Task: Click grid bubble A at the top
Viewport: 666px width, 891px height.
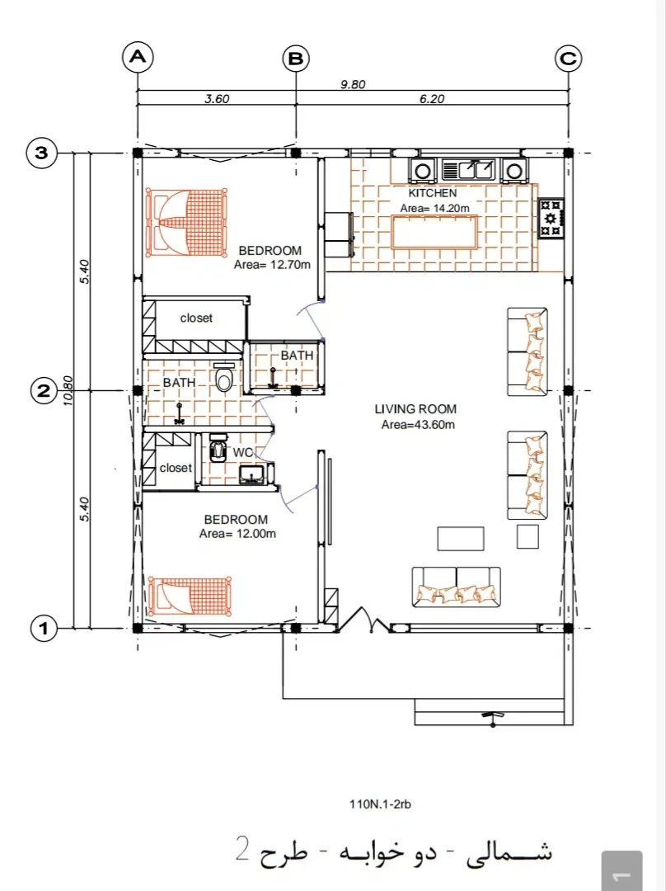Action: (x=138, y=58)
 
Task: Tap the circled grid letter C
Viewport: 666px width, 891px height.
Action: (x=569, y=58)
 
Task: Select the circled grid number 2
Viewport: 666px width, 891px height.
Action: (x=43, y=391)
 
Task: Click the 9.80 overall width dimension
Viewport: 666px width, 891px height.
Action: (x=353, y=85)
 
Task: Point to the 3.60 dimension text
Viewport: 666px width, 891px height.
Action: (x=217, y=99)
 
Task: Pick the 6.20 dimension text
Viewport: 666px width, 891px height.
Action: (x=432, y=99)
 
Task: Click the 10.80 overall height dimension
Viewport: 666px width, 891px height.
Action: (x=68, y=391)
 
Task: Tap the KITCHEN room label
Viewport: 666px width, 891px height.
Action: (x=433, y=193)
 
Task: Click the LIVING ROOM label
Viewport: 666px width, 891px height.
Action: (x=415, y=409)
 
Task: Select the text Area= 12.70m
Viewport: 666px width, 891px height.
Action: (x=273, y=264)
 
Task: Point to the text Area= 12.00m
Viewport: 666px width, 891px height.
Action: (x=238, y=534)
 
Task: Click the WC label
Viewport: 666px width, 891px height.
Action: (x=242, y=453)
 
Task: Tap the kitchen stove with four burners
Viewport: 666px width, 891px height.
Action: (x=551, y=218)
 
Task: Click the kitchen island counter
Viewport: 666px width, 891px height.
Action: (x=434, y=233)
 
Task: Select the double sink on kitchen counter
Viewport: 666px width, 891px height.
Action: (x=469, y=170)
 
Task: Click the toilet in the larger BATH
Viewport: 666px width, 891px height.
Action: (x=225, y=376)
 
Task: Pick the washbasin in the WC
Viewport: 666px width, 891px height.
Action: (x=252, y=474)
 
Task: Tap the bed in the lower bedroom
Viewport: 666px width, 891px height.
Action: (x=190, y=596)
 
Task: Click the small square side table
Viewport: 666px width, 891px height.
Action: (x=528, y=537)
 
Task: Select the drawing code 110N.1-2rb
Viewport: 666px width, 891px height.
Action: (x=381, y=804)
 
